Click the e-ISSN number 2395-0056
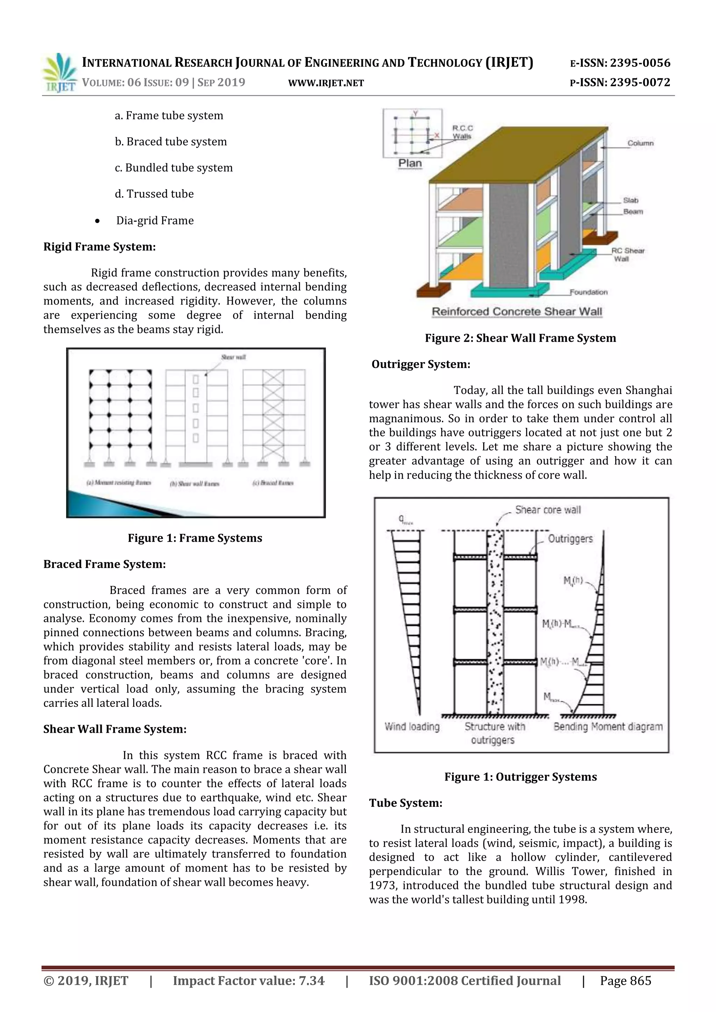[x=640, y=63]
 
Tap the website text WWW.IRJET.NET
[x=326, y=83]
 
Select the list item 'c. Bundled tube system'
[x=174, y=167]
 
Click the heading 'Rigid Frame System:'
[x=100, y=247]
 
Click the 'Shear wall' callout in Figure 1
[x=233, y=357]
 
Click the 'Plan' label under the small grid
[x=410, y=163]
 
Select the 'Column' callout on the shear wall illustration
[x=640, y=143]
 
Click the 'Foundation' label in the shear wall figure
[x=588, y=292]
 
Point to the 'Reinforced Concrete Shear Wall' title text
[x=517, y=311]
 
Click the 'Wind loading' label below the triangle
[x=412, y=727]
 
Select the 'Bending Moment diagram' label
[x=608, y=727]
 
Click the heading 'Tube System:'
[x=406, y=803]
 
